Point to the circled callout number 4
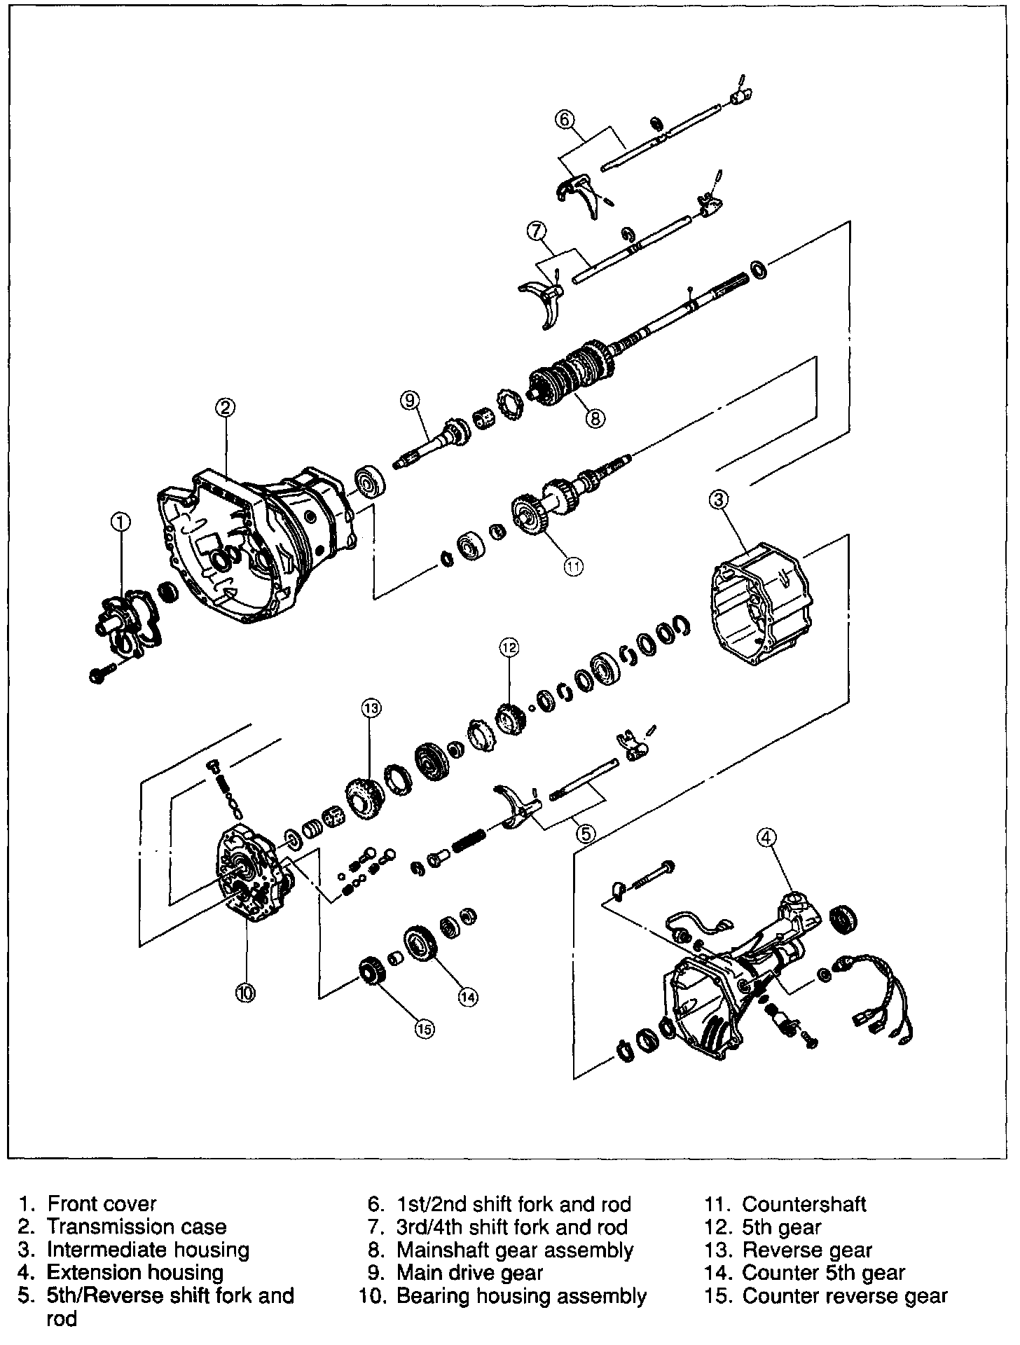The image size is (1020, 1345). (767, 836)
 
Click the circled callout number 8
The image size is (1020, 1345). (594, 418)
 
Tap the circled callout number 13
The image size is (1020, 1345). (371, 709)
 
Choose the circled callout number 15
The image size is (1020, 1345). (424, 1028)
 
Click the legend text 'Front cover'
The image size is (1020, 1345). (102, 1203)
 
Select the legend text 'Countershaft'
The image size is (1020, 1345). (804, 1203)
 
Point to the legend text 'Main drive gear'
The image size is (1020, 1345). (469, 1272)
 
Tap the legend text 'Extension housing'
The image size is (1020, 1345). (135, 1272)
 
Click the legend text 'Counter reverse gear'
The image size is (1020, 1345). (844, 1296)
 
